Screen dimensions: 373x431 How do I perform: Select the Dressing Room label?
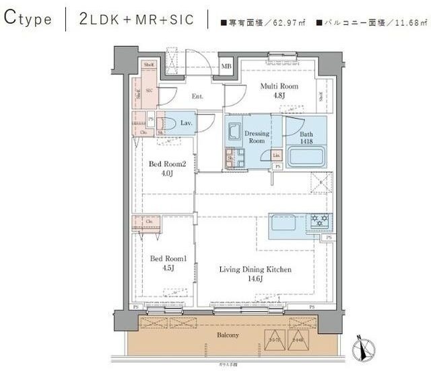pyautogui.click(x=257, y=137)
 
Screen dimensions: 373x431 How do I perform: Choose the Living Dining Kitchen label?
pyautogui.click(x=255, y=270)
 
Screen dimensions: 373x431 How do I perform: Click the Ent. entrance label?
pyautogui.click(x=197, y=97)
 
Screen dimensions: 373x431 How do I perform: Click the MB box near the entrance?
pyautogui.click(x=227, y=66)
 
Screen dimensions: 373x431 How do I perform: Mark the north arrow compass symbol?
pyautogui.click(x=364, y=348)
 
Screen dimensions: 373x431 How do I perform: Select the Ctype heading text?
pyautogui.click(x=28, y=19)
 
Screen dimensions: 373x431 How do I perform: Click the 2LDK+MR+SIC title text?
pyautogui.click(x=136, y=19)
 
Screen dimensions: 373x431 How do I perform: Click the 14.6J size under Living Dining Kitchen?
pyautogui.click(x=255, y=280)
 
